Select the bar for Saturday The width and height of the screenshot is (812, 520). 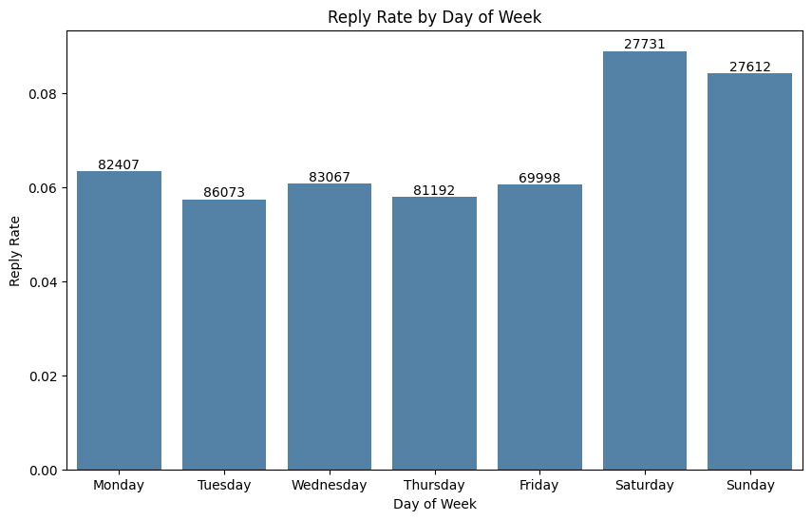tap(645, 260)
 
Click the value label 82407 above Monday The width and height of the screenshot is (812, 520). tap(119, 164)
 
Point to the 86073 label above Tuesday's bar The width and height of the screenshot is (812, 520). tap(224, 192)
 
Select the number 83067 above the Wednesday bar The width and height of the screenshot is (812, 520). tap(330, 177)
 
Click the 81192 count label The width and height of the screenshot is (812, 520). tap(434, 190)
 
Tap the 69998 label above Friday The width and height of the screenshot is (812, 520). tap(539, 178)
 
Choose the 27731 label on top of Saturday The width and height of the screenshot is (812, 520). tap(645, 45)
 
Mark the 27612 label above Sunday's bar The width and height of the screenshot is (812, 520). tap(750, 67)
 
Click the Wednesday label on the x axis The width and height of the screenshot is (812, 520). tap(330, 485)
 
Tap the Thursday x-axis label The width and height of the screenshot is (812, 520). tap(434, 485)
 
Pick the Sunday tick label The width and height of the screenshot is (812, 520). tap(750, 485)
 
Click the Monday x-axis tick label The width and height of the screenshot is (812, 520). tap(119, 485)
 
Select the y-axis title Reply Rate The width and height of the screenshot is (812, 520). tap(15, 250)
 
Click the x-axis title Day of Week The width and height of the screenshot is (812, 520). tap(434, 504)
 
